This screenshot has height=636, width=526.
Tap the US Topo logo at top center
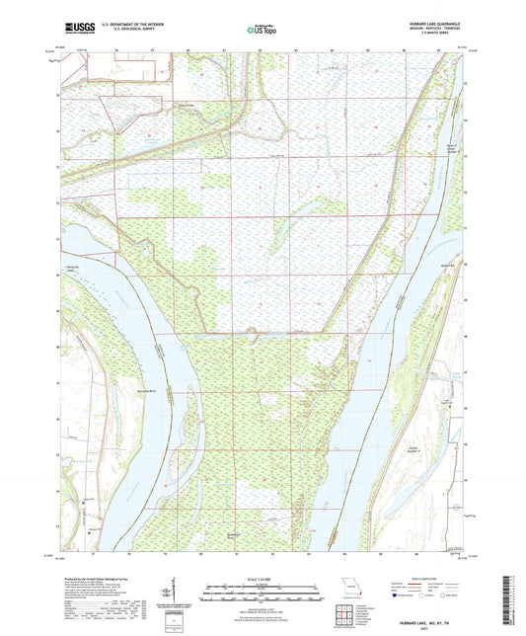click(262, 31)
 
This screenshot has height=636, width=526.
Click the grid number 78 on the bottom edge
click(117, 558)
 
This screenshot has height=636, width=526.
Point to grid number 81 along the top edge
click(225, 46)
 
